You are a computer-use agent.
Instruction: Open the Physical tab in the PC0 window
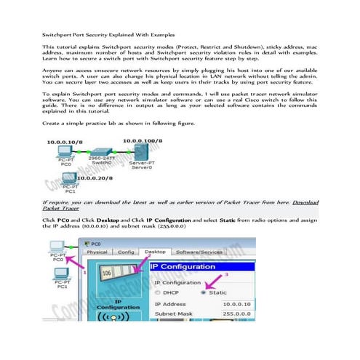(x=97, y=252)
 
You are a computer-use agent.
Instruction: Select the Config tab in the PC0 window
(x=127, y=252)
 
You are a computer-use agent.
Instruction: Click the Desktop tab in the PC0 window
(x=155, y=252)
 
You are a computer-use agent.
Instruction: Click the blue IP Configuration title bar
(x=218, y=267)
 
